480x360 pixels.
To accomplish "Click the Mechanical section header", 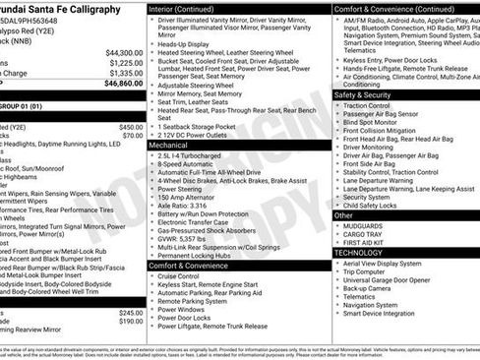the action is (173, 144).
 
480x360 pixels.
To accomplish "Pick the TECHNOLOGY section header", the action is (359, 253).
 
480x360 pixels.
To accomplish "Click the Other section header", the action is (344, 214).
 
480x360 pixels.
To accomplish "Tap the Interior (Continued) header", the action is (189, 8).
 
